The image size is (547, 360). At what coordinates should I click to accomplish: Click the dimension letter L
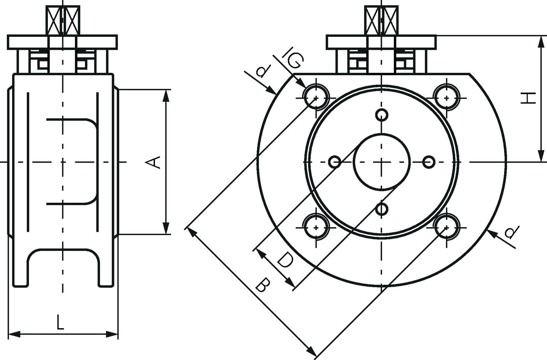(60, 322)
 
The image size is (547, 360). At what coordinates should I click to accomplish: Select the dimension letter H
(528, 98)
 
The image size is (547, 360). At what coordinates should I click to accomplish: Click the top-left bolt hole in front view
(316, 98)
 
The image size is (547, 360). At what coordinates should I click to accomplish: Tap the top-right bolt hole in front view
(447, 98)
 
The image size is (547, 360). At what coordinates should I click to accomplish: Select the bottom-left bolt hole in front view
(316, 228)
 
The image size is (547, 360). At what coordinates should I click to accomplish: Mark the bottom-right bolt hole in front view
(447, 228)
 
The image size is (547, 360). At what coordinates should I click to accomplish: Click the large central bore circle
(381, 134)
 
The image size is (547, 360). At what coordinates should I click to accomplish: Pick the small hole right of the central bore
(428, 162)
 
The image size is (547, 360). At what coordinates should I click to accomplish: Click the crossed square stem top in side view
(63, 21)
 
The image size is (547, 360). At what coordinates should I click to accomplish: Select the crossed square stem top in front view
(381, 21)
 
